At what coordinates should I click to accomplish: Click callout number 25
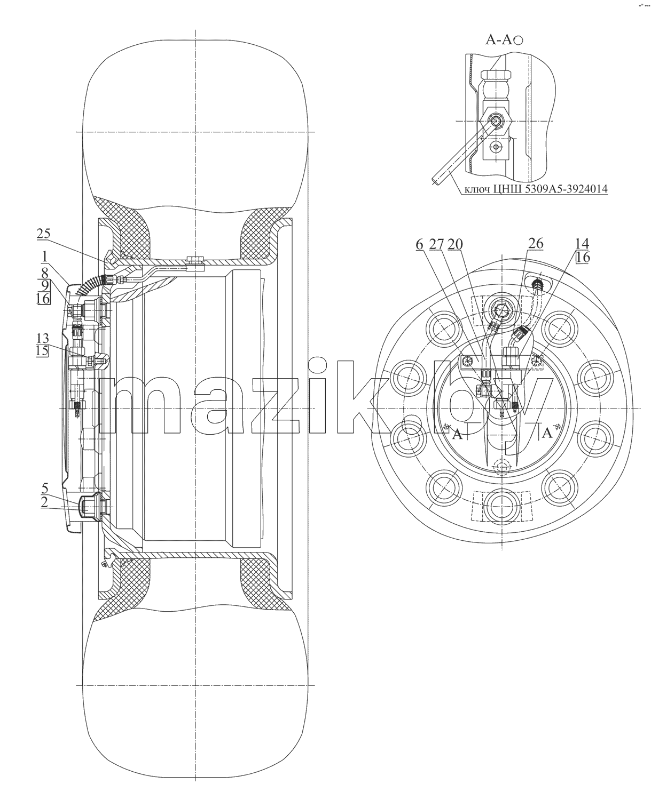[43, 234]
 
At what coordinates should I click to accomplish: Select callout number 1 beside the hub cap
[45, 257]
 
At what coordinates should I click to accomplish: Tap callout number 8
[45, 273]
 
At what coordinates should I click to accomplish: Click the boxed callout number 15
[43, 350]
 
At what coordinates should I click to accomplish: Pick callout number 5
[45, 489]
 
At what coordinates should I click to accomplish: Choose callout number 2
[44, 502]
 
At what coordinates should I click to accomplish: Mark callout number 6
[419, 244]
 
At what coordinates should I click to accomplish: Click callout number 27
[436, 244]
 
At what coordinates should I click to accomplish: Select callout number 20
[455, 244]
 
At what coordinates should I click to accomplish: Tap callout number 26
[536, 243]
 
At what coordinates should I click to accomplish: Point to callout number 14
[582, 243]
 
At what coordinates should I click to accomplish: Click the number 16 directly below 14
[583, 257]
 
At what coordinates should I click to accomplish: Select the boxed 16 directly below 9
[43, 299]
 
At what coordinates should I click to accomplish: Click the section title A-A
[499, 39]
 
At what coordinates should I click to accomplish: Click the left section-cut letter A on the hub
[457, 435]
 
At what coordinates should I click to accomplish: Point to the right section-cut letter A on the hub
[547, 433]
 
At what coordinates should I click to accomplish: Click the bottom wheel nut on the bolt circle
[502, 507]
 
